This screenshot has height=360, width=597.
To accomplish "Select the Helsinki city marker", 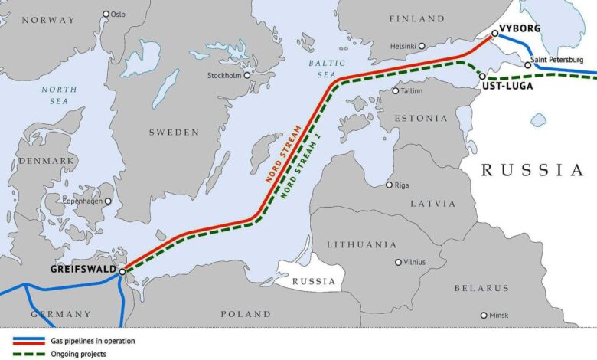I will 421,46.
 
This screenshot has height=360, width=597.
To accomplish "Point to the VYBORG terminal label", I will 520,28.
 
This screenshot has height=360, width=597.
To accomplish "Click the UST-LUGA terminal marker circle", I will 482,76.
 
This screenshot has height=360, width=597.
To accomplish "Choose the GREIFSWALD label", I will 83,270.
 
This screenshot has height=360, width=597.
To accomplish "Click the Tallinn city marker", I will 396,91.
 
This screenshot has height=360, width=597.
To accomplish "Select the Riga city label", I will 402,185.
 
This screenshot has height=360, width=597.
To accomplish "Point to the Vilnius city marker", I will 398,262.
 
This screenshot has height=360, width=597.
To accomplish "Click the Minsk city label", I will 498,315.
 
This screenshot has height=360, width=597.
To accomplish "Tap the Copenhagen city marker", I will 108,201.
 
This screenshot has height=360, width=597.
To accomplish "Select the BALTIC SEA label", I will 323,68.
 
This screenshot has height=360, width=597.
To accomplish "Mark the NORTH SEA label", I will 60,95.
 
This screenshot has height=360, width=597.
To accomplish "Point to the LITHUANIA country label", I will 361,244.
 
